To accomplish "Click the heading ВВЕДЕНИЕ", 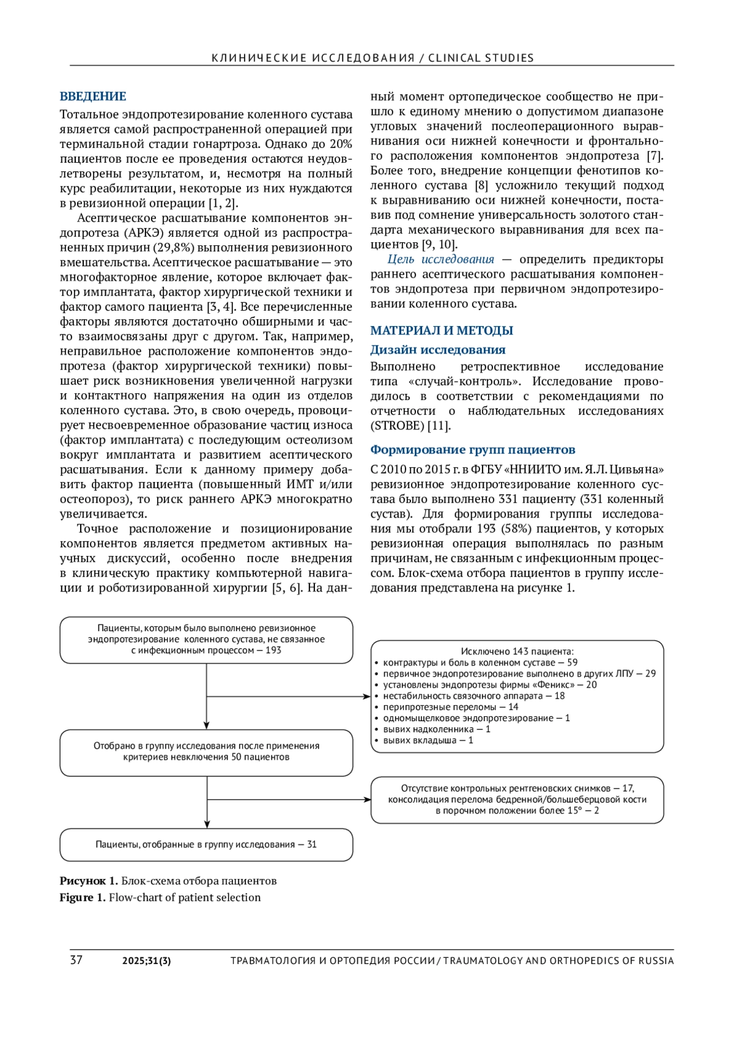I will coord(93,96).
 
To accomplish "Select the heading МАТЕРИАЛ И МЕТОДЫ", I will coord(441,330).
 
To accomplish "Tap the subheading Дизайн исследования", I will coord(437,350).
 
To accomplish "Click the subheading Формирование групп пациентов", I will coord(472,450).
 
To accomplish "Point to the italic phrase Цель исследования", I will coord(440,259).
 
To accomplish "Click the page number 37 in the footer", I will coord(76,960).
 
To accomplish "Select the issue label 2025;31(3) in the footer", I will coord(146,960).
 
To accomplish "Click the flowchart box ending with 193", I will coord(206,639).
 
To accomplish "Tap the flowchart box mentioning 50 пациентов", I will coord(206,752).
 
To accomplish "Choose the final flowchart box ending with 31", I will coord(206,844).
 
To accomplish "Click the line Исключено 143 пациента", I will coord(517,651).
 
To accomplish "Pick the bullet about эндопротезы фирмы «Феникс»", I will coord(489,684).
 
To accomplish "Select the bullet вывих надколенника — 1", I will coord(436,729).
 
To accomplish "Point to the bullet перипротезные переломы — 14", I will coord(450,707).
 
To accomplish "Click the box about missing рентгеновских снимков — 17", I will coord(517,799).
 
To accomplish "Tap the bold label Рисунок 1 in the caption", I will coord(88,881).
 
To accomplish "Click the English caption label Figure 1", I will coord(83,897).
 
